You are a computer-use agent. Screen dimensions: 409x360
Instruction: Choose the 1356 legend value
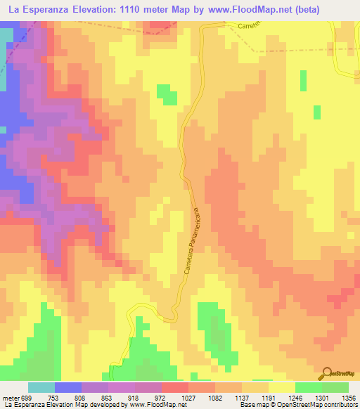click(347, 397)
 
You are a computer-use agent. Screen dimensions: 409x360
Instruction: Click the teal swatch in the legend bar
click(41, 387)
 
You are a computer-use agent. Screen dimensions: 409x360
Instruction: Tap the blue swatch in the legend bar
click(68, 387)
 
